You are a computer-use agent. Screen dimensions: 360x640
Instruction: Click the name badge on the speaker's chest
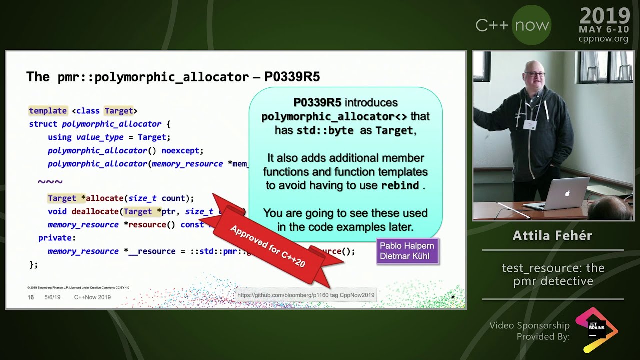coord(530,124)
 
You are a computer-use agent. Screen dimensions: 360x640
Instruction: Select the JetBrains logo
coord(596,329)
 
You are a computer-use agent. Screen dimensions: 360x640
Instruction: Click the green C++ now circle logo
coord(532,25)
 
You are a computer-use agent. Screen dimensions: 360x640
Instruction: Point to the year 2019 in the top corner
coord(604,16)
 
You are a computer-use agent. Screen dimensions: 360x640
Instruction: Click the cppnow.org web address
coord(603,39)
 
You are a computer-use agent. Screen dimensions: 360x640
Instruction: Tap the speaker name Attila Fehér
coord(552,236)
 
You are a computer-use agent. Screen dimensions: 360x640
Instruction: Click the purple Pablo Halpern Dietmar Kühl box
coord(407,251)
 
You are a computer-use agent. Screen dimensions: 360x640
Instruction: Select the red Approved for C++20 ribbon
coord(268,246)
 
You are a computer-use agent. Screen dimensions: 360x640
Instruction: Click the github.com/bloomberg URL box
coord(306,295)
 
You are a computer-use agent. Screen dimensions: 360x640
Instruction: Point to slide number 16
coord(31,297)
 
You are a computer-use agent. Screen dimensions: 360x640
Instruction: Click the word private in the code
coord(57,238)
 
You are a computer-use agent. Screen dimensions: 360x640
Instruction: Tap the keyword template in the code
coord(48,111)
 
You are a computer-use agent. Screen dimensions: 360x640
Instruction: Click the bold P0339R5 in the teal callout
coord(317,103)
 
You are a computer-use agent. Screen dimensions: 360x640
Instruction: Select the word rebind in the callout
coord(400,185)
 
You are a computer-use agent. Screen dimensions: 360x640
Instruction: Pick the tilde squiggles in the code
coord(50,182)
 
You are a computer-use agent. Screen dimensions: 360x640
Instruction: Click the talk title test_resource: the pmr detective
coord(553,275)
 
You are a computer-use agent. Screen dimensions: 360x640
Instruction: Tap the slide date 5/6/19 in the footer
coord(52,297)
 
